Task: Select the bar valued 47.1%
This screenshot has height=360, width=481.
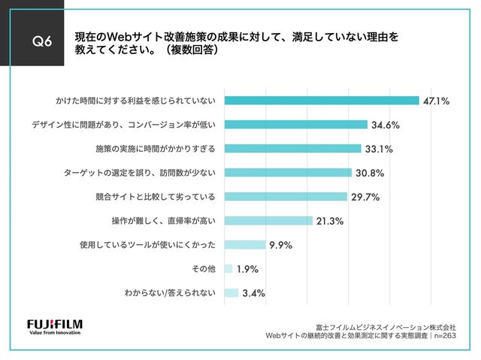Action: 321,100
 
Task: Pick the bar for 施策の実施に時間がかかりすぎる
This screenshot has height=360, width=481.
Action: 292,148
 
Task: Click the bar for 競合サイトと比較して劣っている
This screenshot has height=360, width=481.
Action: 285,197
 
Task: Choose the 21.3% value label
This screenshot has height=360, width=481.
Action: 331,221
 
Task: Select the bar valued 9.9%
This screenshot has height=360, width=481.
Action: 244,245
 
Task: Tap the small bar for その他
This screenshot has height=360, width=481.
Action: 228,269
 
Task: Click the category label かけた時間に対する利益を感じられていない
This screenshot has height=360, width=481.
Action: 135,101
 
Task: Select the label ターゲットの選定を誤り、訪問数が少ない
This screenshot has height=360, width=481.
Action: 141,173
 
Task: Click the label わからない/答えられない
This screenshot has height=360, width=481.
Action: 170,293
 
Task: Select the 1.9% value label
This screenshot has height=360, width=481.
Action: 250,269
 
